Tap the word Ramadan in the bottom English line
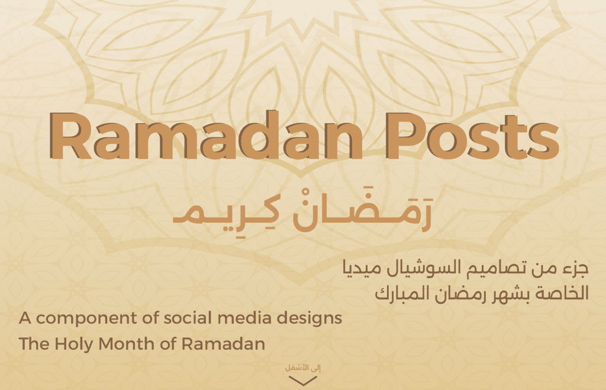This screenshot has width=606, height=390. point(223,344)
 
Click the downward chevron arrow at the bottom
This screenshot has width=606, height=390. point(303,381)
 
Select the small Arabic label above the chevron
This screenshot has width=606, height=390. point(303,367)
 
